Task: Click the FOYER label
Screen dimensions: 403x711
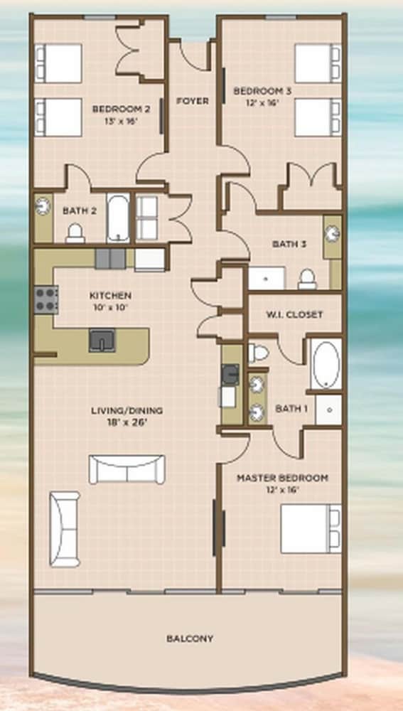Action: coord(193,101)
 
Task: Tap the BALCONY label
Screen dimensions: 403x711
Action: coord(190,638)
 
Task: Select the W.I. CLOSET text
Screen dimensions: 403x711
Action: coord(294,314)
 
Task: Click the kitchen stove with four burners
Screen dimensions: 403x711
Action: coord(46,299)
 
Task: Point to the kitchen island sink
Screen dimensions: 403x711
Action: coord(102,340)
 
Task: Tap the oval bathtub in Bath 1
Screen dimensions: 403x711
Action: coord(326,364)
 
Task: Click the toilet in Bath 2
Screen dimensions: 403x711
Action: coord(75,233)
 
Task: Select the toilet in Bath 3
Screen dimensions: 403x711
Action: coord(307,279)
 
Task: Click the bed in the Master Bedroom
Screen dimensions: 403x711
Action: coord(311,529)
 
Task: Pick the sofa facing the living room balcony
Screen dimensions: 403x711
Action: coord(127,469)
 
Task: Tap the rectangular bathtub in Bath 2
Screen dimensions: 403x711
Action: coord(118,218)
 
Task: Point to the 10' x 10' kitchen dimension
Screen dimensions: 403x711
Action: coord(111,307)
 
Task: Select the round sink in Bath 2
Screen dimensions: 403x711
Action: coord(43,205)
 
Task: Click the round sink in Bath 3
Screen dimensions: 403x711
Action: coord(333,233)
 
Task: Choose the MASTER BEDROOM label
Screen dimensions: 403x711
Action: coord(282,478)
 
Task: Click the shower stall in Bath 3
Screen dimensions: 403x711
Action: coord(267,278)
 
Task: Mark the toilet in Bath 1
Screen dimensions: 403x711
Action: coord(258,353)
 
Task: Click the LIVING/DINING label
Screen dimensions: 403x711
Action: coord(127,411)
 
